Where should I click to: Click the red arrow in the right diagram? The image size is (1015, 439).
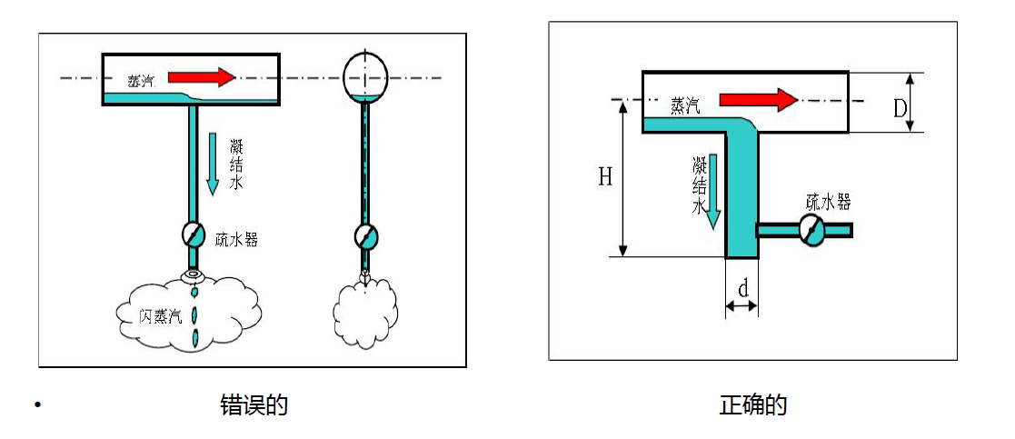757,100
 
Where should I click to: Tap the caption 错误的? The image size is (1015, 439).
254,405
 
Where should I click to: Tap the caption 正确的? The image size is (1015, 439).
752,405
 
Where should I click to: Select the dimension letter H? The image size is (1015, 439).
605,177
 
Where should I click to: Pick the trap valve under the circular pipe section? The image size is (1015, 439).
365,235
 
